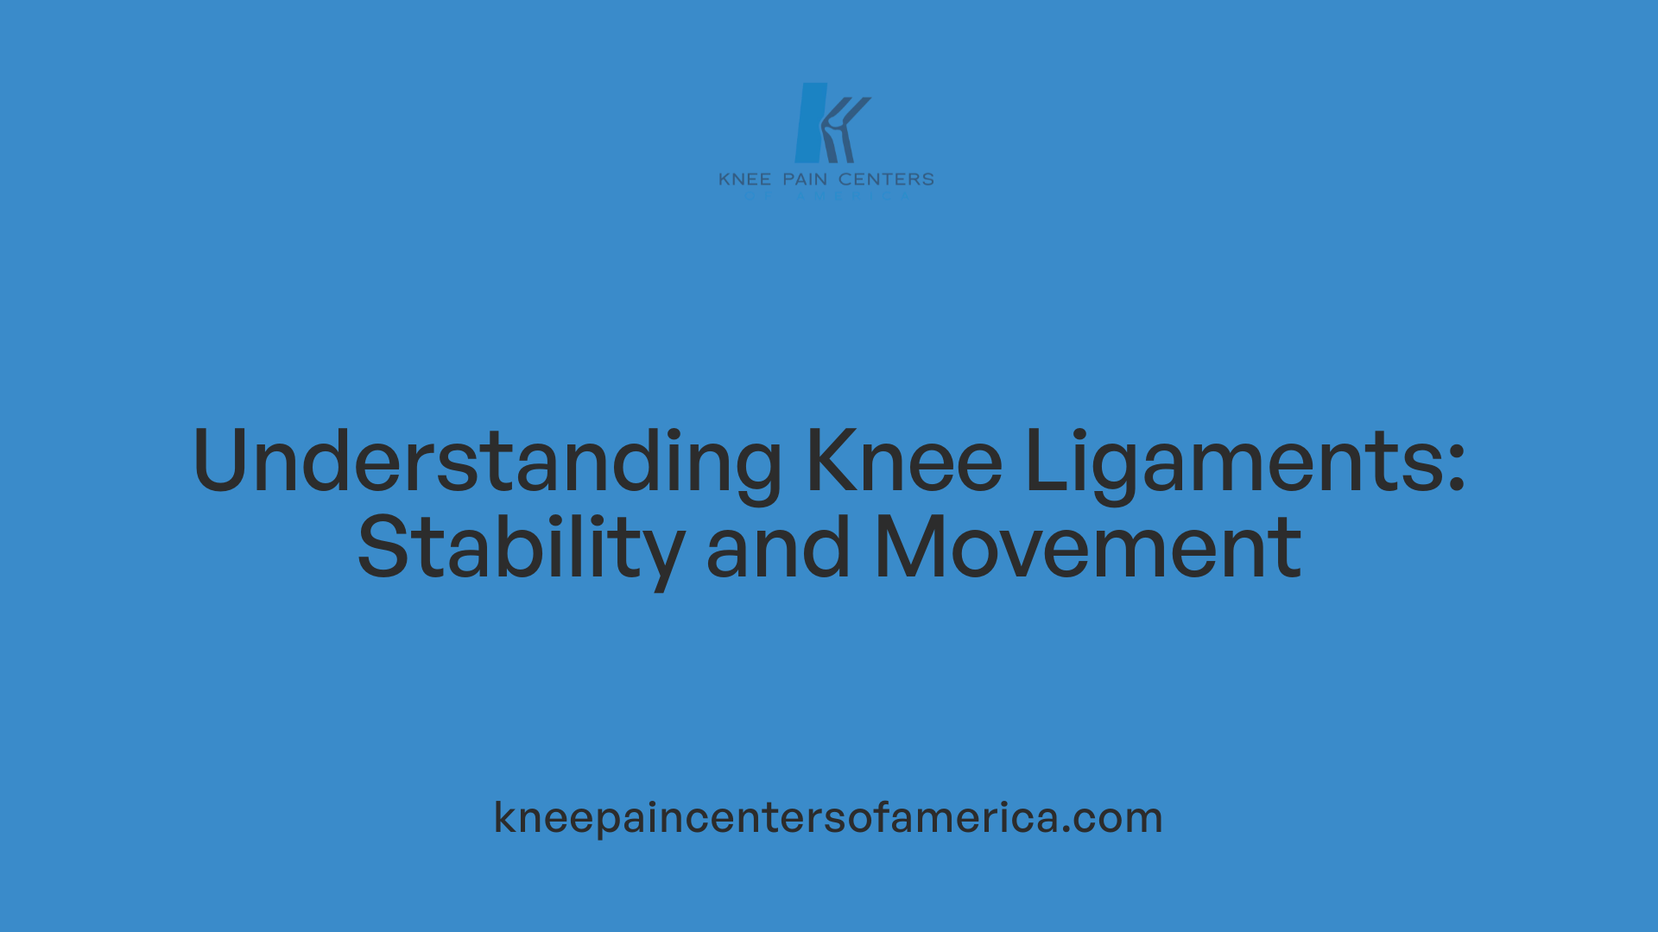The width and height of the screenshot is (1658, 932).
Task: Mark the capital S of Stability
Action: pyautogui.click(x=382, y=547)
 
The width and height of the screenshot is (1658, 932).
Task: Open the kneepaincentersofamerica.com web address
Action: pyautogui.click(x=828, y=816)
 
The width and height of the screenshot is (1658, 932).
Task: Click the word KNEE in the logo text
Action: pyautogui.click(x=744, y=179)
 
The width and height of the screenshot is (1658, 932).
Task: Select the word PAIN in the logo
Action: pyautogui.click(x=805, y=179)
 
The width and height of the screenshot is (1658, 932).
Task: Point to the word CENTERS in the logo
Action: pyautogui.click(x=886, y=179)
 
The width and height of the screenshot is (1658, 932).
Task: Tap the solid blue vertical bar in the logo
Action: pyautogui.click(x=810, y=123)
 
